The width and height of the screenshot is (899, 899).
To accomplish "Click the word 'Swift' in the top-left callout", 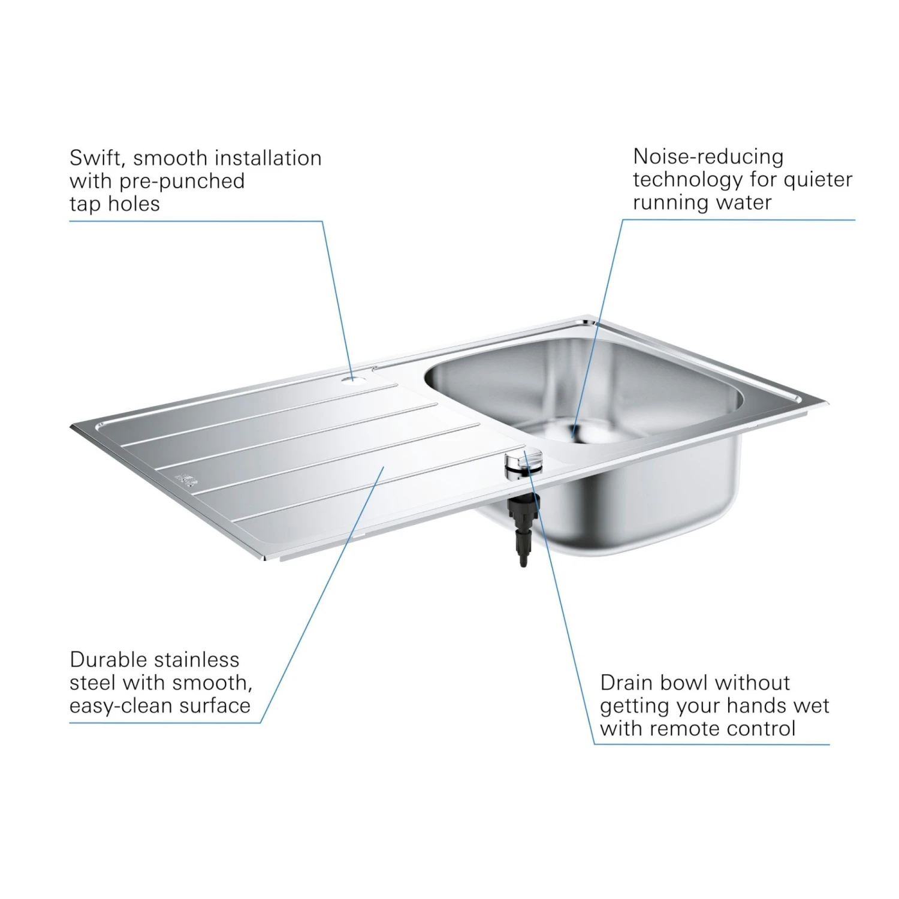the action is (x=96, y=159).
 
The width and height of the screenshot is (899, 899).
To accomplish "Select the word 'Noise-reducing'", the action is (x=708, y=156).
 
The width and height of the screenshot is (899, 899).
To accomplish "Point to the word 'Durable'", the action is (x=108, y=660).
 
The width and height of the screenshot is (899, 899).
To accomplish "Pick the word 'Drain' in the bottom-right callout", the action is (x=625, y=683).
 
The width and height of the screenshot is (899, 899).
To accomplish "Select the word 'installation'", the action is (x=268, y=158).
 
